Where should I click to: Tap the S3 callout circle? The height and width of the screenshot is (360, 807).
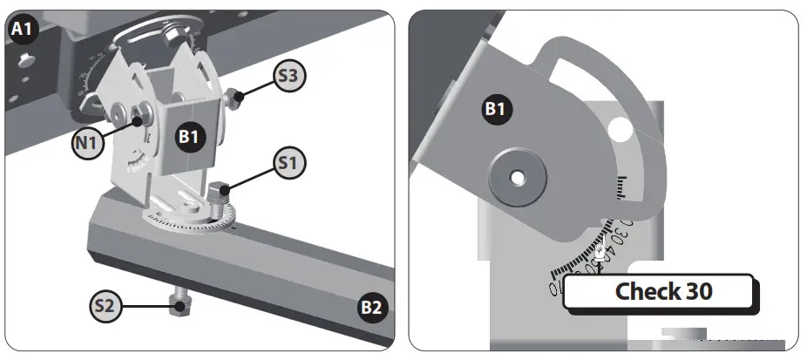(289, 77)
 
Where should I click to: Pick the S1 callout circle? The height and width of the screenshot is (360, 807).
(289, 162)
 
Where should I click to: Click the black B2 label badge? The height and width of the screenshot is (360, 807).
(372, 307)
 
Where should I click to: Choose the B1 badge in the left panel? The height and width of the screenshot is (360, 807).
(191, 137)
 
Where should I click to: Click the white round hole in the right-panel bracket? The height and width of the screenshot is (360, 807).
(621, 132)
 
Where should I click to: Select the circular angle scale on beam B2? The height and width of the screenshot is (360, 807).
(196, 218)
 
